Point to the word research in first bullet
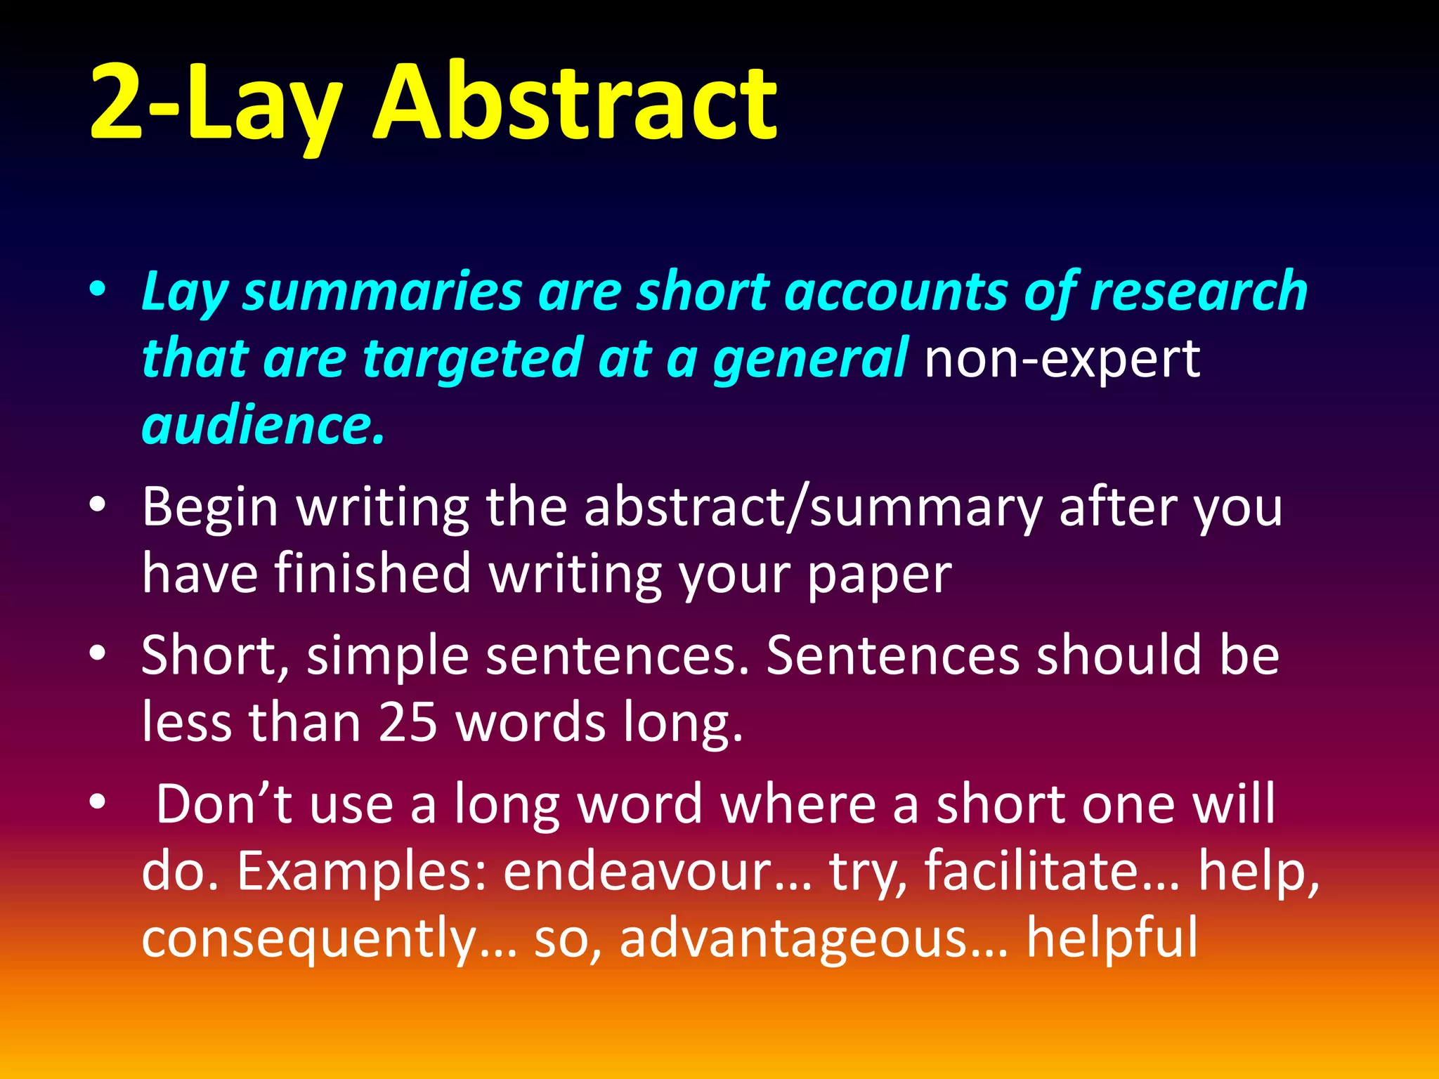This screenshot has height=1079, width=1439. coord(1198,292)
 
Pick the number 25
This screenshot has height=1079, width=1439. coord(408,723)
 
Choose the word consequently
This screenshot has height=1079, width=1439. coord(308,939)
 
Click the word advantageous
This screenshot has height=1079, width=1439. coord(794,939)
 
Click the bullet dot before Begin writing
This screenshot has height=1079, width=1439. coord(98,505)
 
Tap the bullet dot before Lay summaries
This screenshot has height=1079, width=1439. coord(98,289)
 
